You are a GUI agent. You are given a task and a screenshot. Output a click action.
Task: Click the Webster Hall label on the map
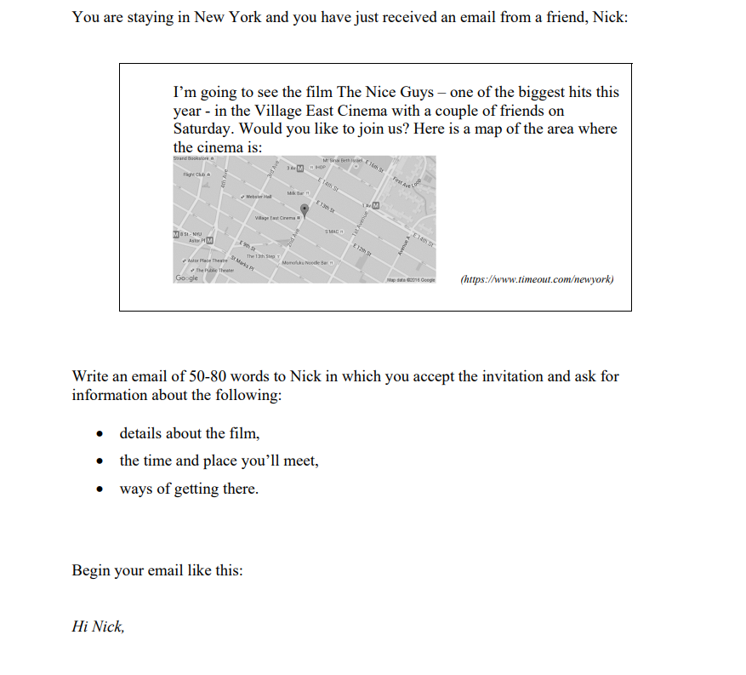point(255,196)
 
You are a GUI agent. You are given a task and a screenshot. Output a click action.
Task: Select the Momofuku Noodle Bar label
point(305,261)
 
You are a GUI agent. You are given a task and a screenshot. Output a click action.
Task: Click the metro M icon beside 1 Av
point(375,207)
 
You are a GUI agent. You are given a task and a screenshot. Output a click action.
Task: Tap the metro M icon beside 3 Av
point(299,167)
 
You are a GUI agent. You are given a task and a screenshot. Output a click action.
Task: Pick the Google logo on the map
point(186,278)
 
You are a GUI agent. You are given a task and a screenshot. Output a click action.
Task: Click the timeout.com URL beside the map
point(536,279)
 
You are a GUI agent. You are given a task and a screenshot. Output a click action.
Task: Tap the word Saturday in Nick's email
point(204,129)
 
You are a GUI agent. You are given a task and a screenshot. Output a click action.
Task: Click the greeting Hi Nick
point(98,626)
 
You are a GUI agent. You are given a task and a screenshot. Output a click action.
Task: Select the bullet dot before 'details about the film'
point(100,434)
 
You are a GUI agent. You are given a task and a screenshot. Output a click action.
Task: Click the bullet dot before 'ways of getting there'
point(100,489)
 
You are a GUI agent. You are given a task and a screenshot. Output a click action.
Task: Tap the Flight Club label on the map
point(194,174)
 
